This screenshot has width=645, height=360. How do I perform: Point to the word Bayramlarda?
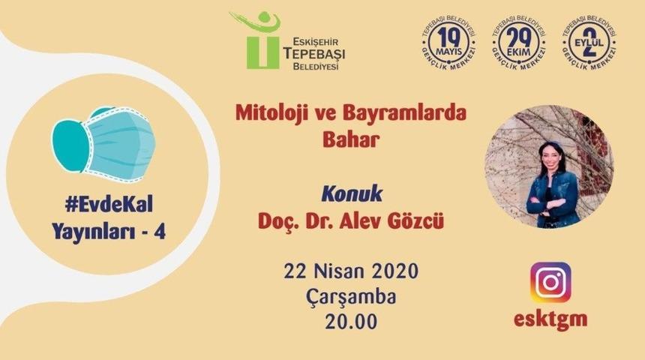[405, 115]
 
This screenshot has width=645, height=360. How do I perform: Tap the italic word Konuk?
[352, 193]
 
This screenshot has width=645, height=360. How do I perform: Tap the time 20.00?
[350, 322]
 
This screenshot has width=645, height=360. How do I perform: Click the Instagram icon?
[550, 282]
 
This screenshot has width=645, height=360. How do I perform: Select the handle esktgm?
[550, 319]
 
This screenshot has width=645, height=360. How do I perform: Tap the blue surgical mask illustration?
[105, 142]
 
